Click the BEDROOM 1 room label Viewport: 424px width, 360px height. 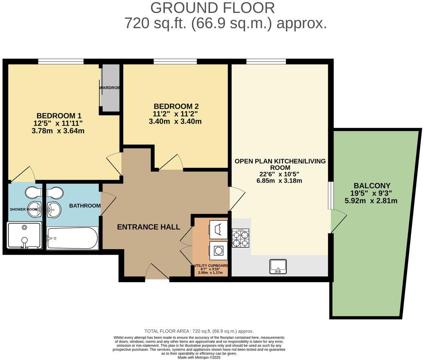coord(59,115)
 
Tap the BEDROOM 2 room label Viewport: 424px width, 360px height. coord(176,106)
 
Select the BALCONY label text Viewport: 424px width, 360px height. coord(372,186)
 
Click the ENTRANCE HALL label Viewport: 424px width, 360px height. coord(148,227)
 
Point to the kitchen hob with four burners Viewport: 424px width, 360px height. coord(240,237)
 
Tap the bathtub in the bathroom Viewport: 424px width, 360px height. coord(72,238)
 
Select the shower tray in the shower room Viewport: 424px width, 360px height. coord(24,235)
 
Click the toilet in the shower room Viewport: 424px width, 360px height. coord(34,192)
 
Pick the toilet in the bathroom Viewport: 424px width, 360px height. coord(54,192)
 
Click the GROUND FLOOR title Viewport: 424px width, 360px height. coord(212,8)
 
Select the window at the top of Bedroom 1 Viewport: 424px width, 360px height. coord(61,61)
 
